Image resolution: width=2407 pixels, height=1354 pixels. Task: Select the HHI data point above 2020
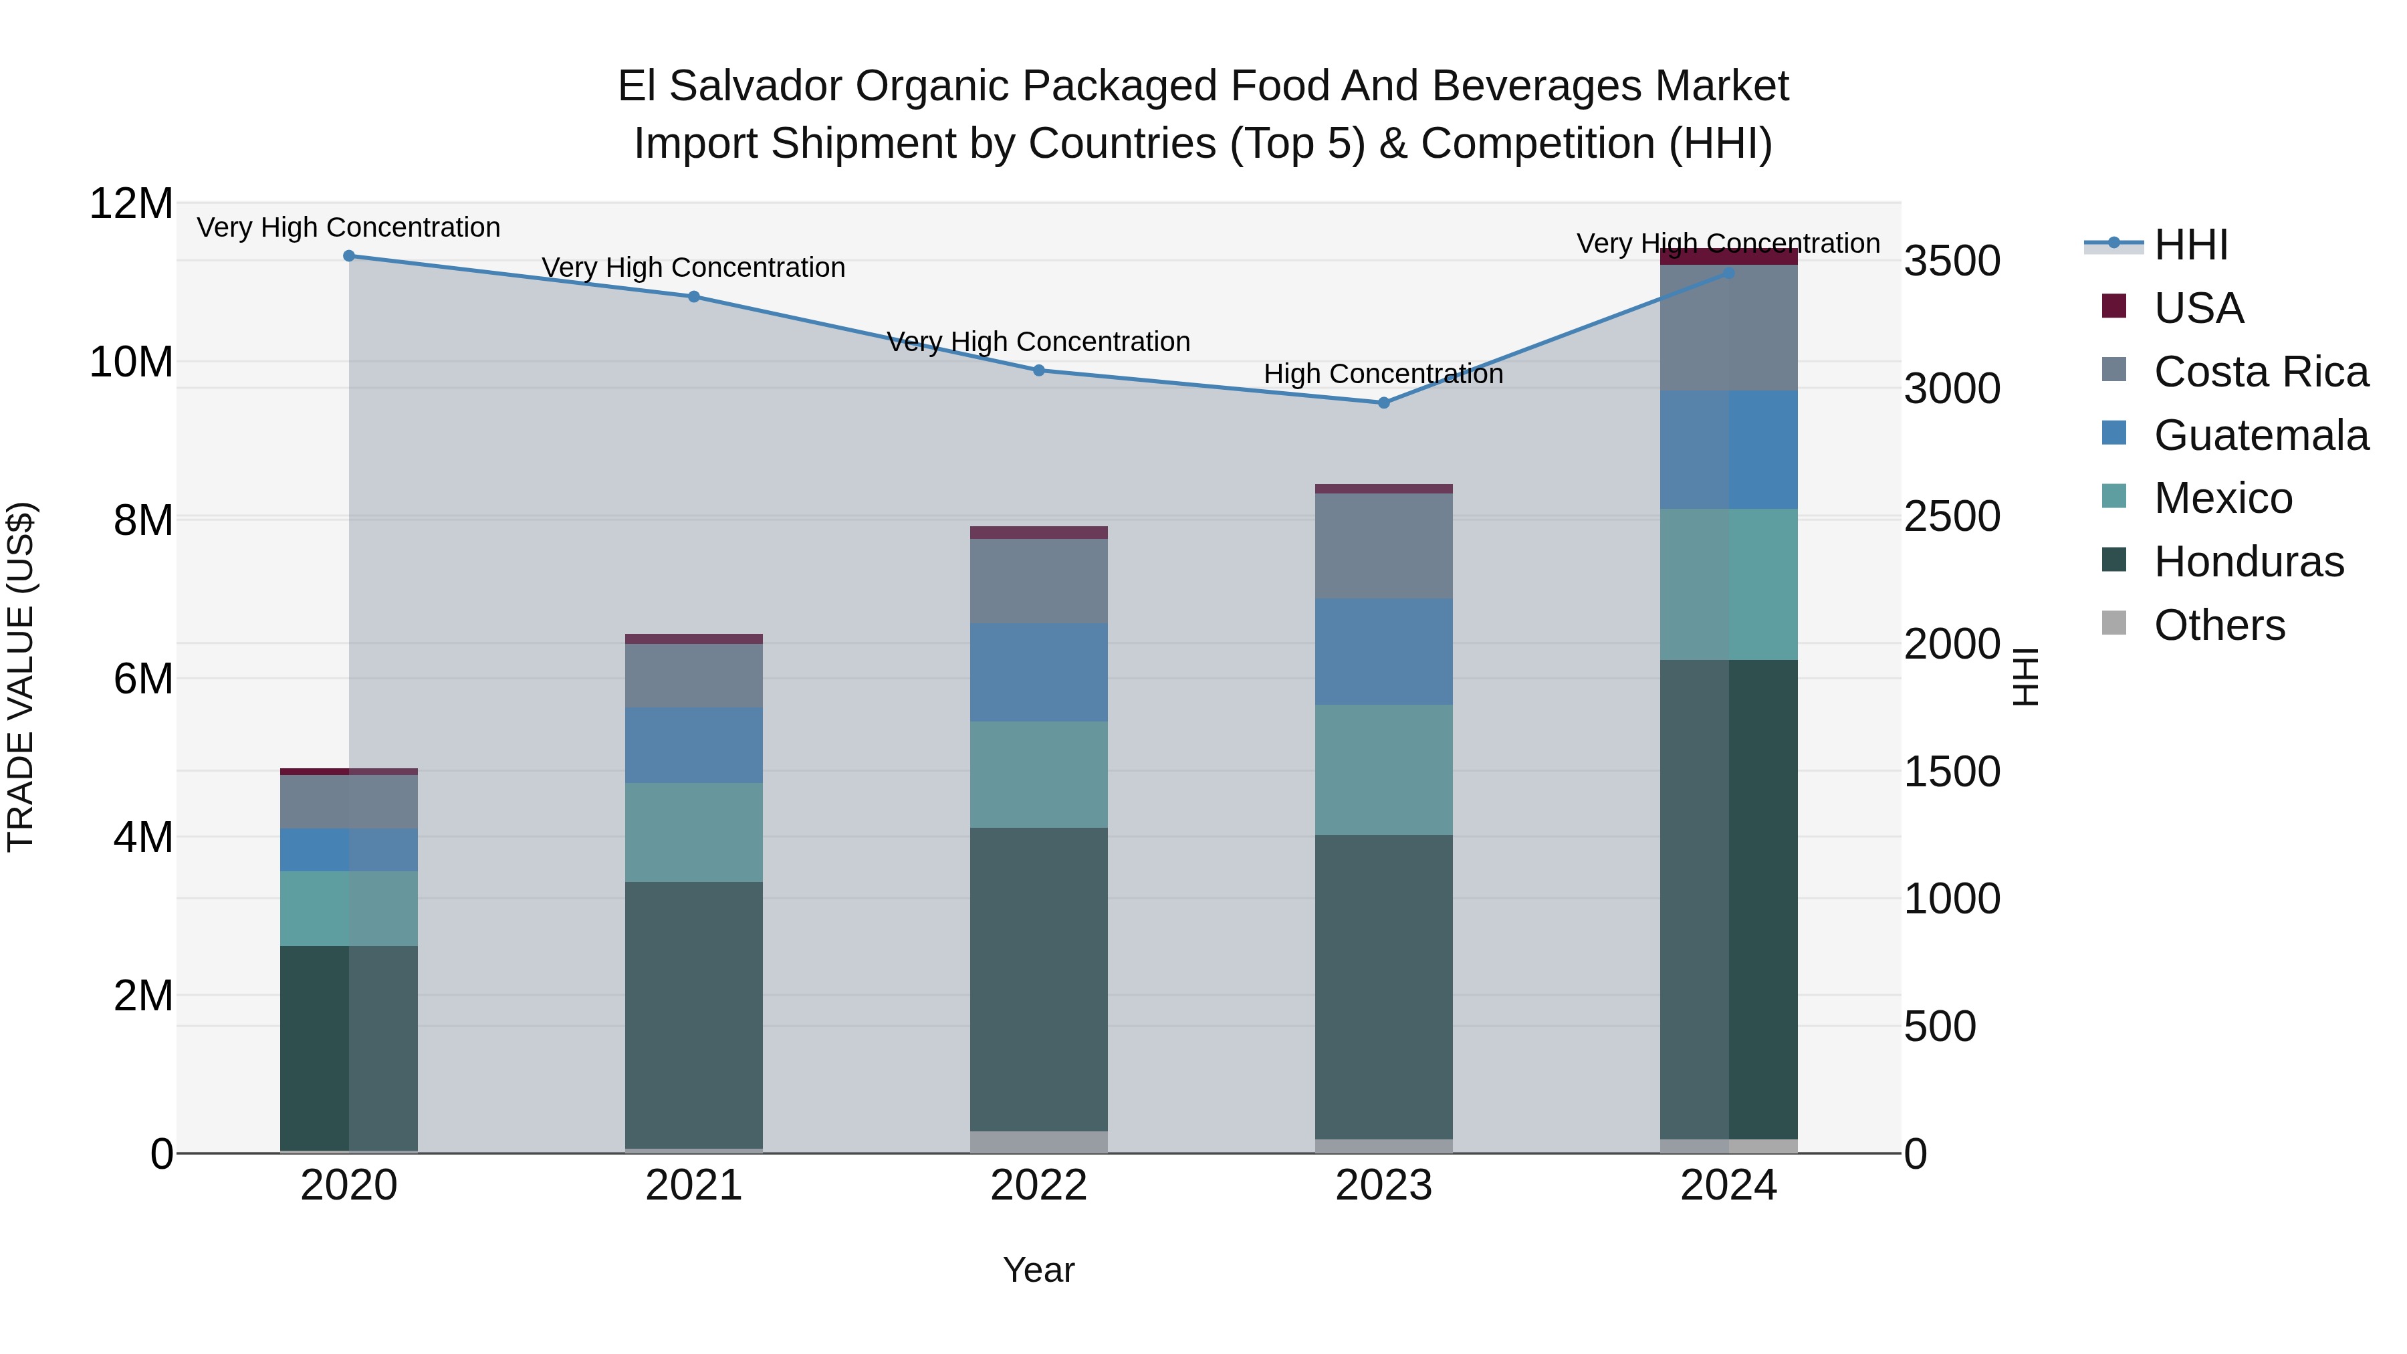point(348,255)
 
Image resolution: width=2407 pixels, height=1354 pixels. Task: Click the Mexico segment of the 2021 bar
point(693,832)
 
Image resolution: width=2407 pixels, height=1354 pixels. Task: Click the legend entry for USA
point(2198,308)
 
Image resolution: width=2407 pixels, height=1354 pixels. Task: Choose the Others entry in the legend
point(2218,625)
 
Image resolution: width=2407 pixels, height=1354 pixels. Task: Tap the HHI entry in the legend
point(2190,245)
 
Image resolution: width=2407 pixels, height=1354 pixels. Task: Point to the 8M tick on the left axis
point(143,520)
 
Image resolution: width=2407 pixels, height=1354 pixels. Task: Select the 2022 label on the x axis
point(1038,1186)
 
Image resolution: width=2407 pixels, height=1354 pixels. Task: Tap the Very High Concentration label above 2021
point(693,267)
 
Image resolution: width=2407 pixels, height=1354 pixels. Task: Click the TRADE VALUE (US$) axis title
point(21,677)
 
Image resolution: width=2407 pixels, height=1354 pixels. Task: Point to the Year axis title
point(1038,1270)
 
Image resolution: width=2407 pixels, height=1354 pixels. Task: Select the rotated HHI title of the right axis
point(2024,677)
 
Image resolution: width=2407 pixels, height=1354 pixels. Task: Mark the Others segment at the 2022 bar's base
point(1038,1142)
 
